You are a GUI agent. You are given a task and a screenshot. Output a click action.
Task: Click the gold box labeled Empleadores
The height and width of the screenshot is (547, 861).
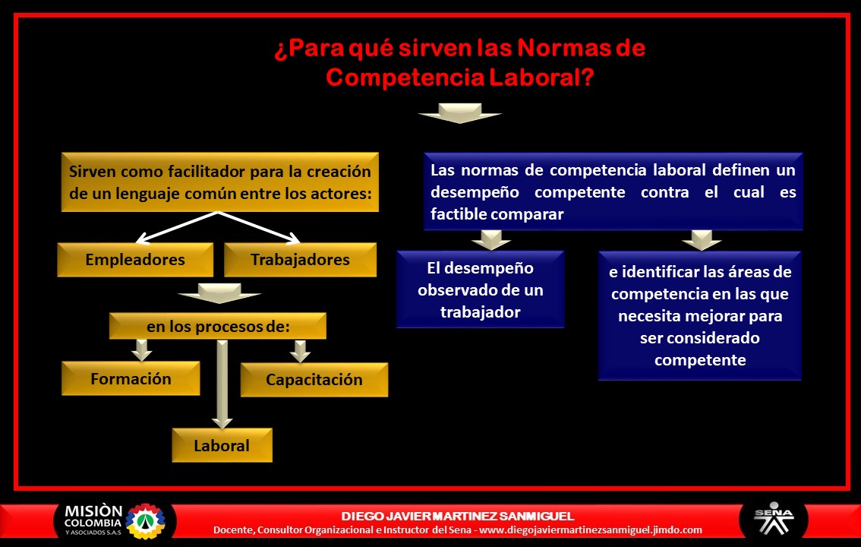134,260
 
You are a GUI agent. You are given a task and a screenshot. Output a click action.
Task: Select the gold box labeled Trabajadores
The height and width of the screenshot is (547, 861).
300,260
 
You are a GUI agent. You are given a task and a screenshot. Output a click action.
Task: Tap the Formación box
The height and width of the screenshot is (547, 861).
131,378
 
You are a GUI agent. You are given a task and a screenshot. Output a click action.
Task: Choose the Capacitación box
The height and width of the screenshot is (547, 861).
314,380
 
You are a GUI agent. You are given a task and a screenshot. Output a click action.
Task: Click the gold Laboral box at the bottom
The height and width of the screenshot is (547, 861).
222,445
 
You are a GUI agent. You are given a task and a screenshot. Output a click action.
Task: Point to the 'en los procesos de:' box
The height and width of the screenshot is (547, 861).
218,327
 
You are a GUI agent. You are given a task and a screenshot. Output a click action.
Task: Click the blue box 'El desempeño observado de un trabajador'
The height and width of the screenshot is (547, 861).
480,289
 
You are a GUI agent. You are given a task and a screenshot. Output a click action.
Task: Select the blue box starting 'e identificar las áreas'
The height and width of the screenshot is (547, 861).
699,315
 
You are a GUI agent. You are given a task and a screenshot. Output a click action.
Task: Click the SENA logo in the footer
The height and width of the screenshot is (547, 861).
773,520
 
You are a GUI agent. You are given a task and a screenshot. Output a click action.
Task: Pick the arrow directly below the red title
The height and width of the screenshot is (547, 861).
459,113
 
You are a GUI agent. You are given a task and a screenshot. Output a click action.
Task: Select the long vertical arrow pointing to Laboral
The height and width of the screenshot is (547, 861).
222,384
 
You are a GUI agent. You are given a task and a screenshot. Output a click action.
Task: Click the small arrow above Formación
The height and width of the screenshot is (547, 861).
140,350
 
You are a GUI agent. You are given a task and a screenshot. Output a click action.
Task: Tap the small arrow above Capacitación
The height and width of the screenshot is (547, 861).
301,350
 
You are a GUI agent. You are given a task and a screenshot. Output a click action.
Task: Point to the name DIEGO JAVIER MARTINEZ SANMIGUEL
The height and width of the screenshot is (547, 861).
458,517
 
